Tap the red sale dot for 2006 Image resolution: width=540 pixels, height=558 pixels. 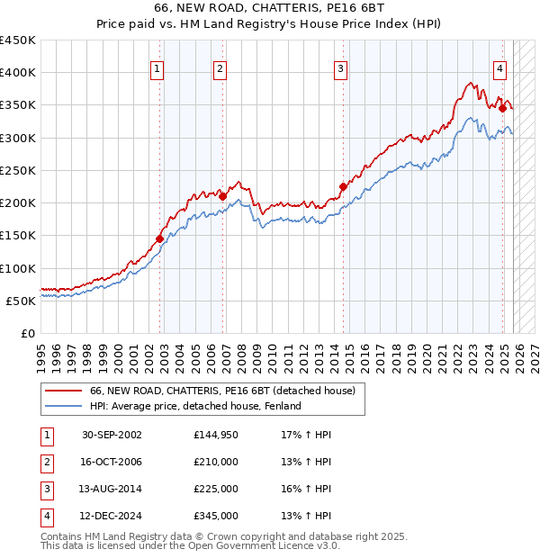point(223,196)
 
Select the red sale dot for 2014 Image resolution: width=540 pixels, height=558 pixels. point(343,186)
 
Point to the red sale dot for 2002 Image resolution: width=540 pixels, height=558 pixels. point(159,238)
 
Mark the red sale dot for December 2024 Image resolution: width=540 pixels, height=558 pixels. point(502,108)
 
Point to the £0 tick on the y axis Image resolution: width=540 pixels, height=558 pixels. point(28,333)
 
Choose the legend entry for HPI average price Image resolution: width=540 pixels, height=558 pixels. point(194,406)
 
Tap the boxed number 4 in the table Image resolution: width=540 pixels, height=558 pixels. point(45,517)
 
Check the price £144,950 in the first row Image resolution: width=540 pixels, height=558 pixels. point(215,435)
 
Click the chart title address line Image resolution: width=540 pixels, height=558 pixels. point(271,10)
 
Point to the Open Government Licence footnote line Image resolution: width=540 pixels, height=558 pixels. point(190,545)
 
